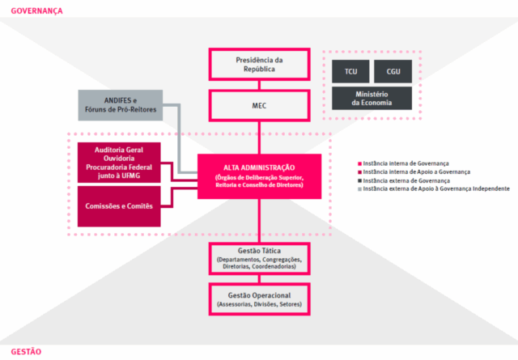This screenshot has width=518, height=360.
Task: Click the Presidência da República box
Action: (x=259, y=65)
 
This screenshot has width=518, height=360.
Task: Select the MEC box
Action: (x=259, y=104)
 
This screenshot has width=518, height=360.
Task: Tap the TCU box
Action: (x=350, y=72)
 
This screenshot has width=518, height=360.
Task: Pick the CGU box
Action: (x=393, y=72)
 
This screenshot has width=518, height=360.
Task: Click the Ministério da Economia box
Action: (x=372, y=99)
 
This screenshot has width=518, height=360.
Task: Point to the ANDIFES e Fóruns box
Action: (x=121, y=105)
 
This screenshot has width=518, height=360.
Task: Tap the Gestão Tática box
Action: (x=259, y=257)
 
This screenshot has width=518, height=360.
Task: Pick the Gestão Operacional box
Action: (x=259, y=299)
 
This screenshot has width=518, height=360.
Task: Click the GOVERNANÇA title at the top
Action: (x=31, y=11)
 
